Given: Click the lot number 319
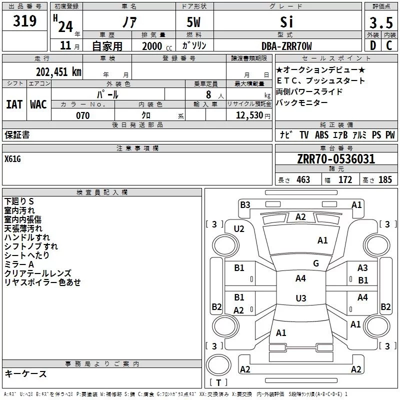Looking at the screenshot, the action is pyautogui.click(x=24, y=21).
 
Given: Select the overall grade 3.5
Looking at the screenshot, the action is pyautogui.click(x=381, y=22).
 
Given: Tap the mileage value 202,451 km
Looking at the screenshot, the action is pyautogui.click(x=58, y=72).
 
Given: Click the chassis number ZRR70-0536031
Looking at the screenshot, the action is pyautogui.click(x=336, y=159).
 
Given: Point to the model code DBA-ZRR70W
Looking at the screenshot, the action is pyautogui.click(x=286, y=46).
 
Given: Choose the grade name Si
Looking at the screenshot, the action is pyautogui.click(x=286, y=22).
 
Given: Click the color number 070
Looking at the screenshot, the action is pyautogui.click(x=83, y=115).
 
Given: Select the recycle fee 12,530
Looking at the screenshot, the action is pyautogui.click(x=249, y=115).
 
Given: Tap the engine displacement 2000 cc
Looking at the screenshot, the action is pyautogui.click(x=157, y=46).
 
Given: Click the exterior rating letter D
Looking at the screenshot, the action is pyautogui.click(x=373, y=45).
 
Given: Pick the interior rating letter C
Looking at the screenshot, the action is pyautogui.click(x=389, y=45).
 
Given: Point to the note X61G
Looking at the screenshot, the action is pyautogui.click(x=12, y=159).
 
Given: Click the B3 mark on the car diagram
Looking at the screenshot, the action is pyautogui.click(x=245, y=205).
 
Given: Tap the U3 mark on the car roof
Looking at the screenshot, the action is pyautogui.click(x=301, y=298).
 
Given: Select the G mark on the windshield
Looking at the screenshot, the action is pyautogui.click(x=316, y=263).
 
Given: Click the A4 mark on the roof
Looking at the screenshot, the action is pyautogui.click(x=300, y=278).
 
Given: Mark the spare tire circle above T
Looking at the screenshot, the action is pyautogui.click(x=218, y=365).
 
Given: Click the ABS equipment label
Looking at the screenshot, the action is pyautogui.click(x=321, y=135).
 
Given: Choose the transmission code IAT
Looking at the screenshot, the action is pyautogui.click(x=14, y=104).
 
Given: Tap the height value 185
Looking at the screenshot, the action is pyautogui.click(x=385, y=179).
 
